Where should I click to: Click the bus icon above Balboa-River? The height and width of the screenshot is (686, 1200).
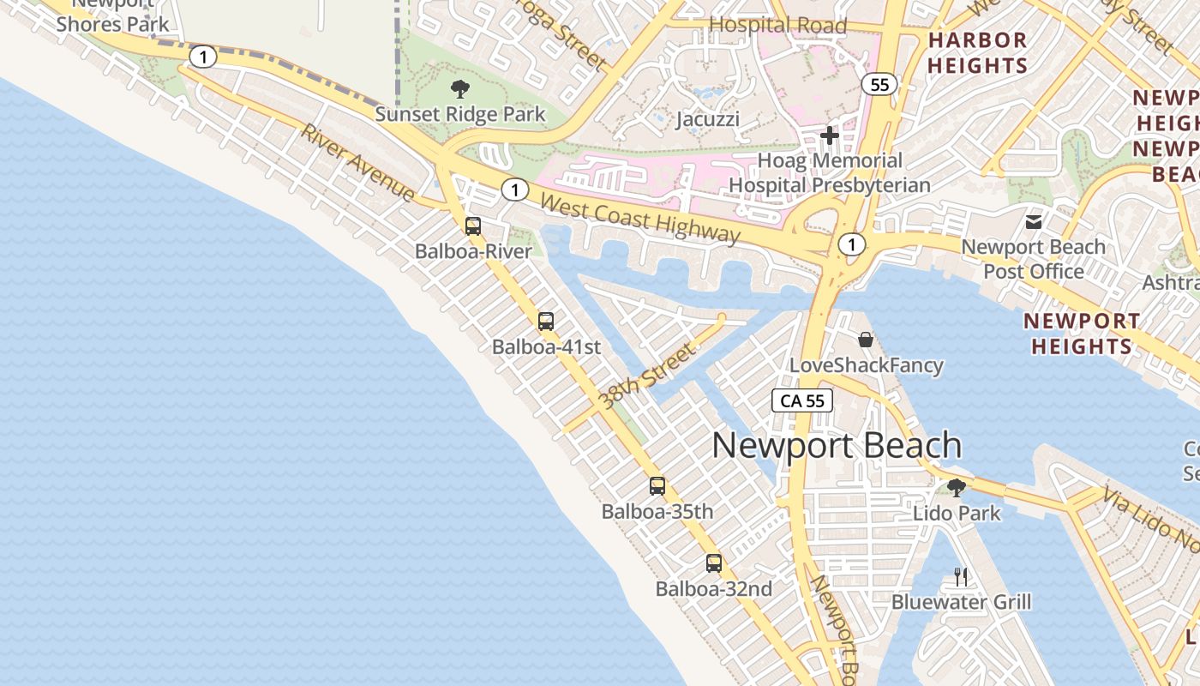coord(472,226)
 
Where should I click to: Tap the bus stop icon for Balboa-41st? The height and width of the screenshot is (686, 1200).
coord(546,322)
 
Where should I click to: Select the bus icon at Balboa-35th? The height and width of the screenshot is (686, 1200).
coord(657,486)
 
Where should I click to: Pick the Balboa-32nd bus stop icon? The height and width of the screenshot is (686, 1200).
coord(714,563)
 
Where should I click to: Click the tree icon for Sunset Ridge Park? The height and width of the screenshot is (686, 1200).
coord(460,88)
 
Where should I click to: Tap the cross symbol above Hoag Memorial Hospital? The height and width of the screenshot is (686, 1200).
coord(829,135)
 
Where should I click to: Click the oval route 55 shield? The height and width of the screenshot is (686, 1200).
coord(880,84)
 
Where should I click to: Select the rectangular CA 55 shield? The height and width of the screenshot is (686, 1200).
coord(802,400)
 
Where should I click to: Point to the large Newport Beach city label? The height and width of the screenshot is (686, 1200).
coord(837,446)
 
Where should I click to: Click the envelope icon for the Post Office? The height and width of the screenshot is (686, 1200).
coord(1034,221)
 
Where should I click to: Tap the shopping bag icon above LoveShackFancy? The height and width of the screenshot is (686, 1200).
coord(866,340)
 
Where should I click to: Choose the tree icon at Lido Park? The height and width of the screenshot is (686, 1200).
coord(957,488)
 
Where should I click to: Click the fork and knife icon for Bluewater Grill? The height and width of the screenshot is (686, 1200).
coord(961,576)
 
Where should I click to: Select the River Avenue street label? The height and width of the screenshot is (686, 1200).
coord(357,163)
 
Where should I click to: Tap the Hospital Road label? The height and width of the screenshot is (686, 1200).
coord(777,26)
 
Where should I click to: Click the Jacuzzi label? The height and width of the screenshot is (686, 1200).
coord(707,119)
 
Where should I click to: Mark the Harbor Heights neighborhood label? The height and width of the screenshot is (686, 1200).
coord(978,52)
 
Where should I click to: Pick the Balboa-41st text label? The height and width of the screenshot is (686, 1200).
coord(546,347)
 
